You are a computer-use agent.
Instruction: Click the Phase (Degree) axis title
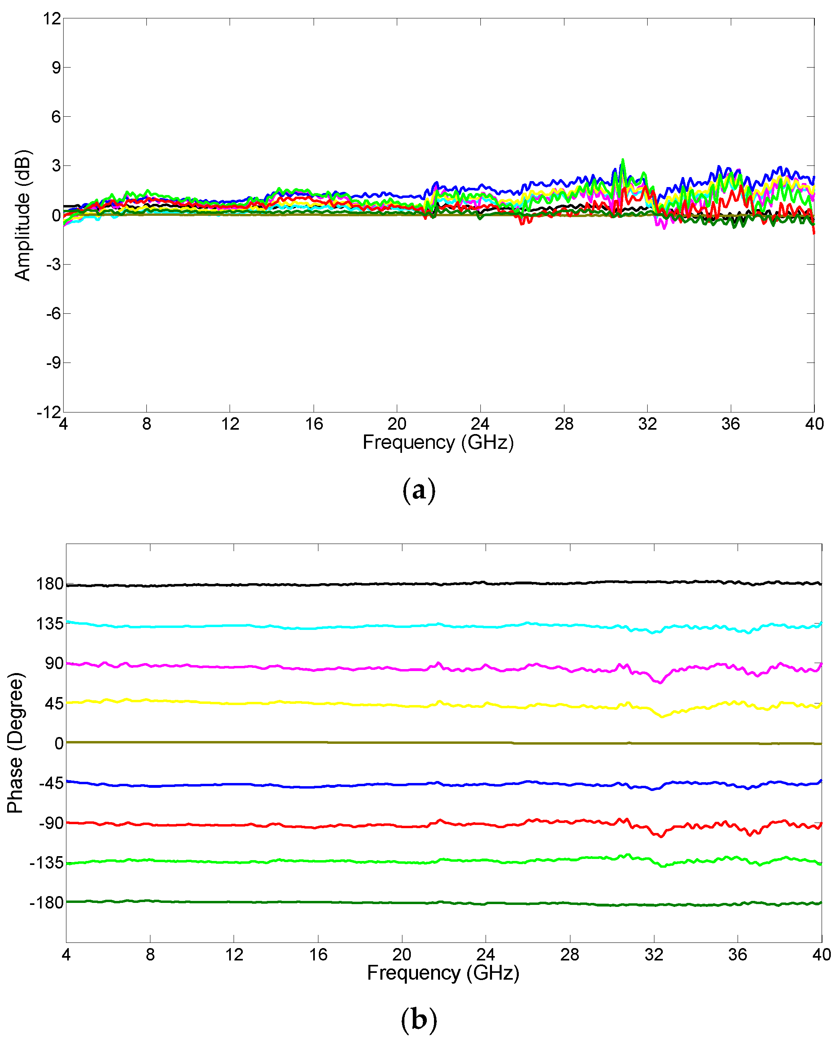click(x=16, y=743)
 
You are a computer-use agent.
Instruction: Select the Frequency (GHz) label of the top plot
click(x=438, y=442)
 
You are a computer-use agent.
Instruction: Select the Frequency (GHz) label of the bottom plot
click(x=443, y=972)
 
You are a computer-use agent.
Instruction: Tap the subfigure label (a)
click(x=419, y=490)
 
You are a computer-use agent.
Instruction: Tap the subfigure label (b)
click(x=419, y=1019)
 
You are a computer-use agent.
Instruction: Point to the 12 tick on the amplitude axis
click(x=52, y=19)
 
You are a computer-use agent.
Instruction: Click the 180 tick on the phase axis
click(x=50, y=584)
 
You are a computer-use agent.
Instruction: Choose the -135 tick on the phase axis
click(x=47, y=863)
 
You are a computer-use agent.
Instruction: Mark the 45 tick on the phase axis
click(x=54, y=703)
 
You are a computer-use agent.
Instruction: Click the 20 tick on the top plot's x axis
click(x=397, y=424)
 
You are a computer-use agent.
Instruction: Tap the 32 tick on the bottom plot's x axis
click(x=654, y=954)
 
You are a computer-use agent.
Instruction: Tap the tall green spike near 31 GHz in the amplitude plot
click(x=623, y=161)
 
